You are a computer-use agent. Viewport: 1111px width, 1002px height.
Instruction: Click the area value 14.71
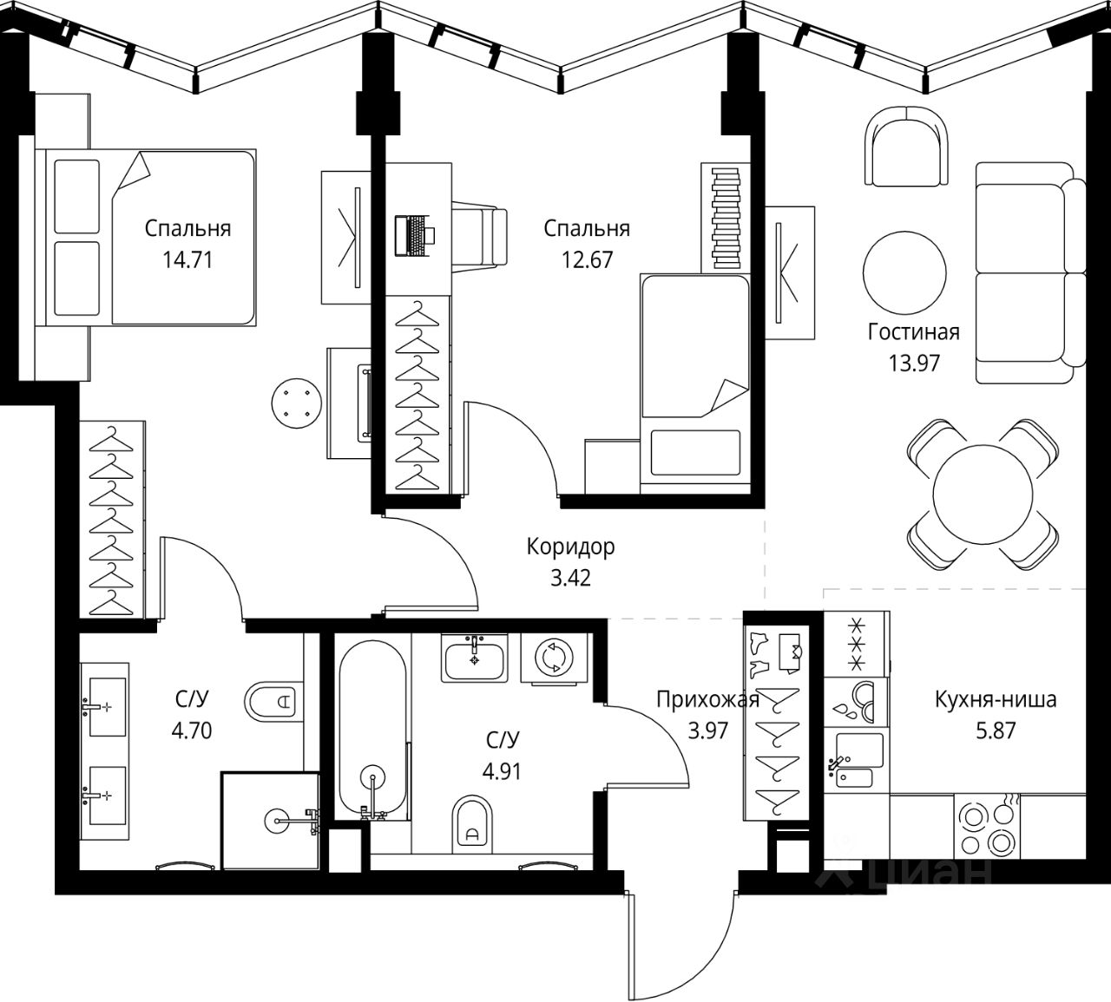pos(187,259)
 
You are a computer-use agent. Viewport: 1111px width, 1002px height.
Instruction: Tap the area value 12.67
pos(587,259)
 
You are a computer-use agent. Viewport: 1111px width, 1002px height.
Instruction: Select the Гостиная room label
pos(914,332)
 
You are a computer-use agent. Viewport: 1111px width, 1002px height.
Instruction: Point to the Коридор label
pos(570,547)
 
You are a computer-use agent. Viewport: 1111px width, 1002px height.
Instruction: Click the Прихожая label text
pos(707,700)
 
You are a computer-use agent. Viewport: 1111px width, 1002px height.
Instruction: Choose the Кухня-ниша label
pos(996,700)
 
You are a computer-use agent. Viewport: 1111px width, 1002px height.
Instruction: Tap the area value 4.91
pos(502,771)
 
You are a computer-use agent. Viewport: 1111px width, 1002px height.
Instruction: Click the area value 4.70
pos(192,730)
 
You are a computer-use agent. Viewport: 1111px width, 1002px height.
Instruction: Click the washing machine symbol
pos(554,658)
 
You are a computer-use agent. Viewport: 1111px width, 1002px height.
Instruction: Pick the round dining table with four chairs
pos(983,494)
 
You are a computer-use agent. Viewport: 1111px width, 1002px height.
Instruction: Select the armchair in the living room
pos(906,146)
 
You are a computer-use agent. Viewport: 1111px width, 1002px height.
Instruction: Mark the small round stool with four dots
pos(297,403)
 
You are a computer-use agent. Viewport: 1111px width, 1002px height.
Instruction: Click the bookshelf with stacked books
pos(726,218)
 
